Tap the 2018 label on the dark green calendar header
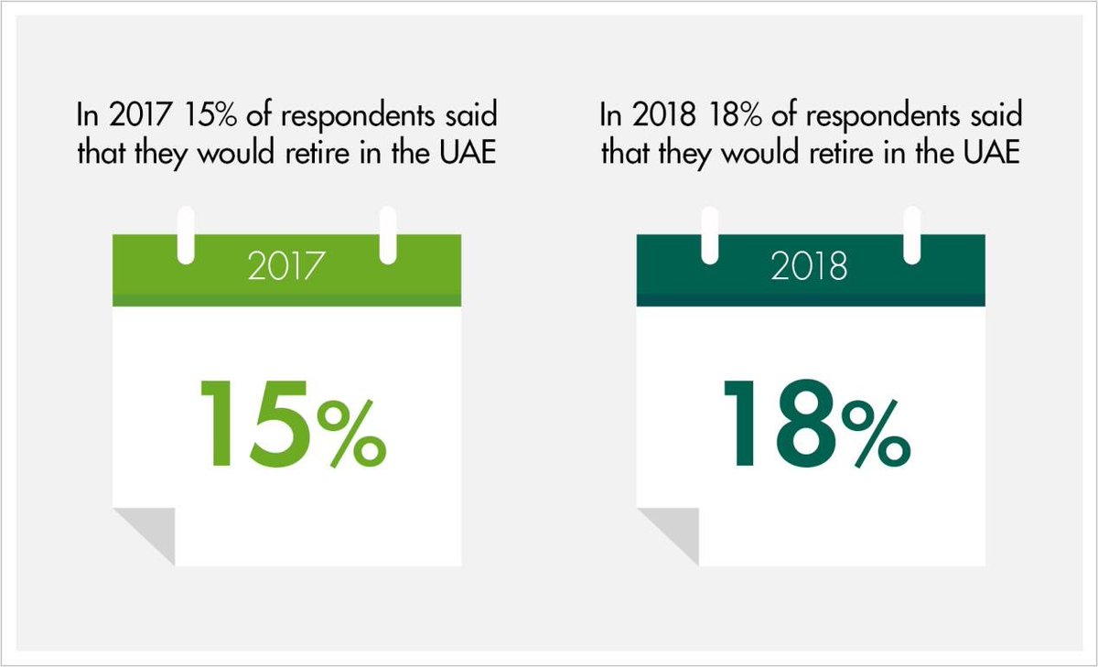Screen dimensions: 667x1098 click(x=809, y=269)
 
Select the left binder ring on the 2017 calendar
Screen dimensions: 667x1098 click(x=187, y=236)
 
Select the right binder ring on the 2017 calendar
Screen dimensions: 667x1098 click(x=388, y=236)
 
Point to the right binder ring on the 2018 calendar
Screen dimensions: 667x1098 click(x=911, y=236)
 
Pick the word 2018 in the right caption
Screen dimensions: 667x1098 click(x=652, y=118)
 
